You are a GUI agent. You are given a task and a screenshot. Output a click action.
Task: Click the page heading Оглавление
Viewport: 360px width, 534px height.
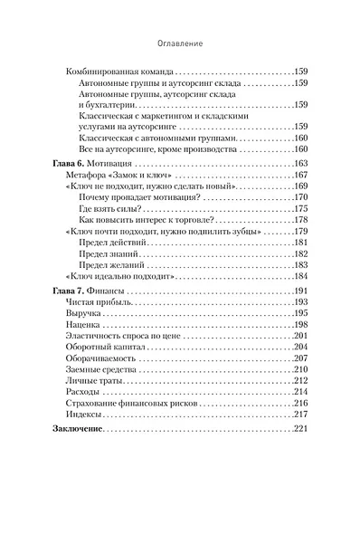pos(179,42)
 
